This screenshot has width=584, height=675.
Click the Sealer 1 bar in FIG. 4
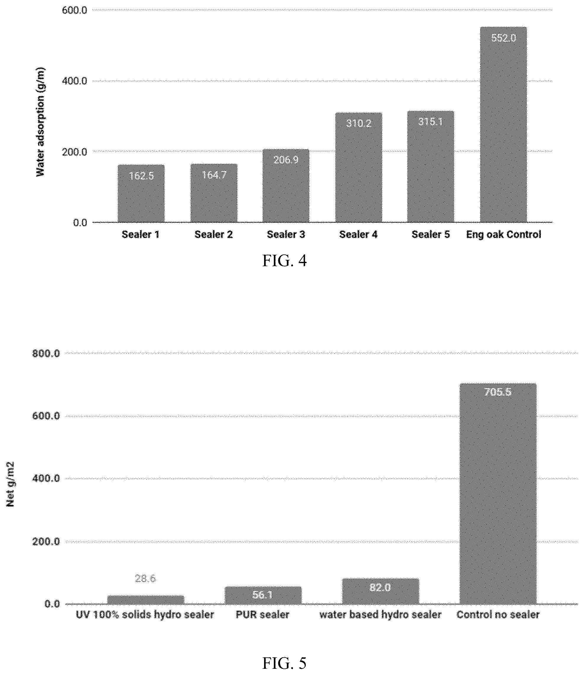click(x=141, y=193)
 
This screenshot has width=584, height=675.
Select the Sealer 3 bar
click(x=286, y=186)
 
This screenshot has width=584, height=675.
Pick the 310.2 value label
click(x=359, y=123)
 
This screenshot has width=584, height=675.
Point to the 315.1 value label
click(x=430, y=122)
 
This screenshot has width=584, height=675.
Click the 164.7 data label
click(x=214, y=175)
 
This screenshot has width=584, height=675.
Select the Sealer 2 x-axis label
click(x=214, y=234)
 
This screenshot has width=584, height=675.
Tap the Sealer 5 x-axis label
click(x=430, y=234)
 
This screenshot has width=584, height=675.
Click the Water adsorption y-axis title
click(x=40, y=122)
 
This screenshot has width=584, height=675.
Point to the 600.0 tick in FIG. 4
click(x=75, y=10)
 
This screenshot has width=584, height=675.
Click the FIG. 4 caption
click(x=284, y=261)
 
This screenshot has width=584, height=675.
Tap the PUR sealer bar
click(x=263, y=596)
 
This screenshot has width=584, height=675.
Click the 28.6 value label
click(x=145, y=578)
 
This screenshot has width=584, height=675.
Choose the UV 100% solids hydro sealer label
click(x=145, y=615)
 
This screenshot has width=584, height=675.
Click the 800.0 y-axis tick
click(x=46, y=353)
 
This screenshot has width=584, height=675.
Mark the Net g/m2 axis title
click(x=10, y=484)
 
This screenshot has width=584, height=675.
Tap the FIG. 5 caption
click(x=284, y=663)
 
